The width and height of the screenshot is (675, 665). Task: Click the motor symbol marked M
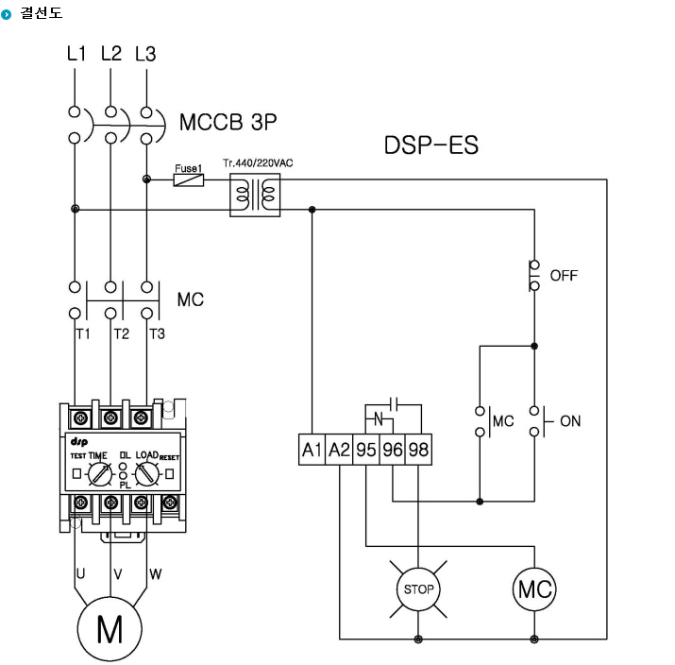coord(110,629)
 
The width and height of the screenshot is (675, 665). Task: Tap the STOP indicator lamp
coord(418,588)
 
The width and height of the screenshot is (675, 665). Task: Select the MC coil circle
coord(534,589)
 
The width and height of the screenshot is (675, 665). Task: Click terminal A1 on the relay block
coord(312,450)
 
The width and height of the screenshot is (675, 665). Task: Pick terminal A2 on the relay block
coord(339,450)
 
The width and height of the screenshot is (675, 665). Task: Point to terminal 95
coord(366,450)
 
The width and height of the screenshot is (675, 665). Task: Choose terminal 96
coord(393,450)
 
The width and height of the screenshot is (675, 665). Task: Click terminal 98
coord(418,450)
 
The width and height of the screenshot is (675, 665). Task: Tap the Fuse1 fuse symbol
coord(189,179)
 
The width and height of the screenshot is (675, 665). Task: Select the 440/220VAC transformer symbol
coord(255,195)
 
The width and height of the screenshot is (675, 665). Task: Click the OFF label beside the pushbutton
coord(564,275)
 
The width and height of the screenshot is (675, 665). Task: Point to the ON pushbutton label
coord(570,420)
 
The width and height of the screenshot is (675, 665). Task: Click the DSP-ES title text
coord(430,145)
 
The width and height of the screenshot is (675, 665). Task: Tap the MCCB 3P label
coord(228,122)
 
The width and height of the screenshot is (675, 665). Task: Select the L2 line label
coord(111,54)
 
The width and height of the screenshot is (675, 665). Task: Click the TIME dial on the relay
coord(100,474)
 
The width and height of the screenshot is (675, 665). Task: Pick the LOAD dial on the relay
coord(147,474)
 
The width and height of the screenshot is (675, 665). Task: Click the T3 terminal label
coord(157,333)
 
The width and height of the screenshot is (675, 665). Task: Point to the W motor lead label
coord(156,573)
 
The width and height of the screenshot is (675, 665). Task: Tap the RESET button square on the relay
coord(170,474)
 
